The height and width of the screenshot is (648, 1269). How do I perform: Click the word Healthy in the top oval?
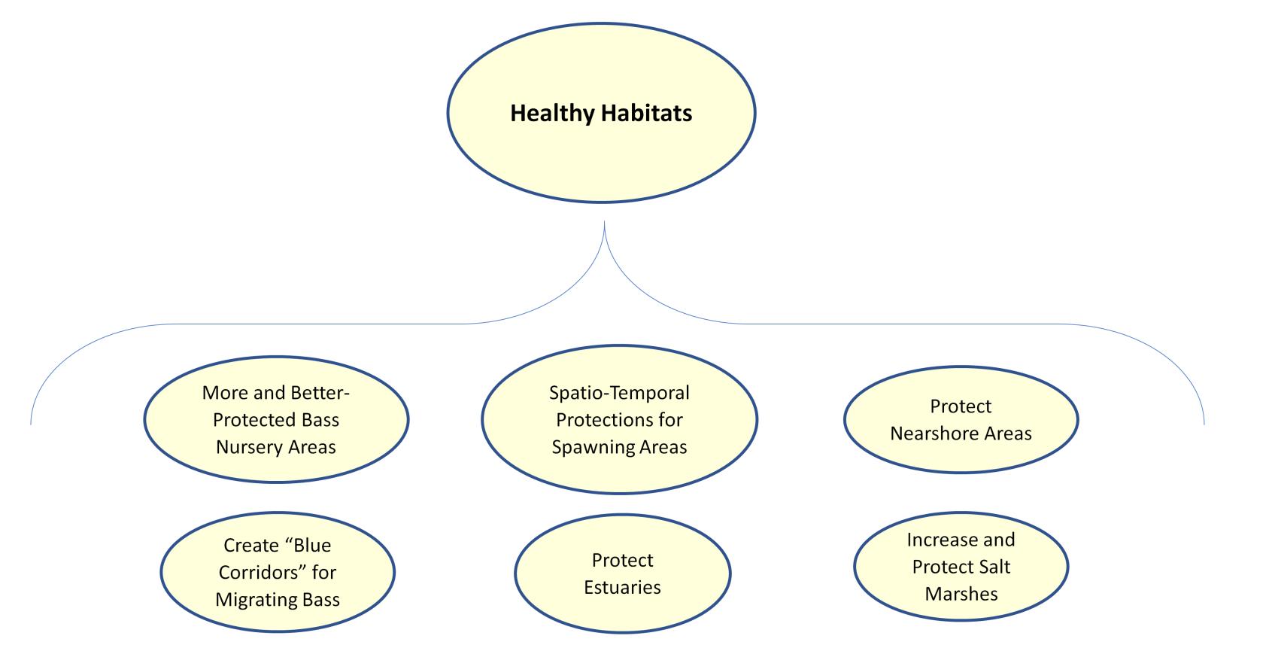[552, 114]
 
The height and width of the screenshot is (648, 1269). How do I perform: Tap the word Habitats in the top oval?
[647, 114]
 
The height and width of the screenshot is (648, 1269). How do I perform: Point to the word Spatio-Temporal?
[619, 393]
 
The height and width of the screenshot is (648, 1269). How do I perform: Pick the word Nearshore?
[934, 434]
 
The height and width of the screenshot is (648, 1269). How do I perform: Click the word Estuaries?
[622, 587]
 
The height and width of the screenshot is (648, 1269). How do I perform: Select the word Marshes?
[961, 594]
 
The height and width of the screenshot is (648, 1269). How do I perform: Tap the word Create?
[250, 545]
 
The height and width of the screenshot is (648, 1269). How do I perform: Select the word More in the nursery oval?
[223, 393]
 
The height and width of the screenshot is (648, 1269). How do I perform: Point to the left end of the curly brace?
[31, 423]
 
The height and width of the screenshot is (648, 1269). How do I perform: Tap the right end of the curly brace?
[1204, 423]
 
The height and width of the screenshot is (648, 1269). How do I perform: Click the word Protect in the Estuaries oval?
[622, 560]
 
